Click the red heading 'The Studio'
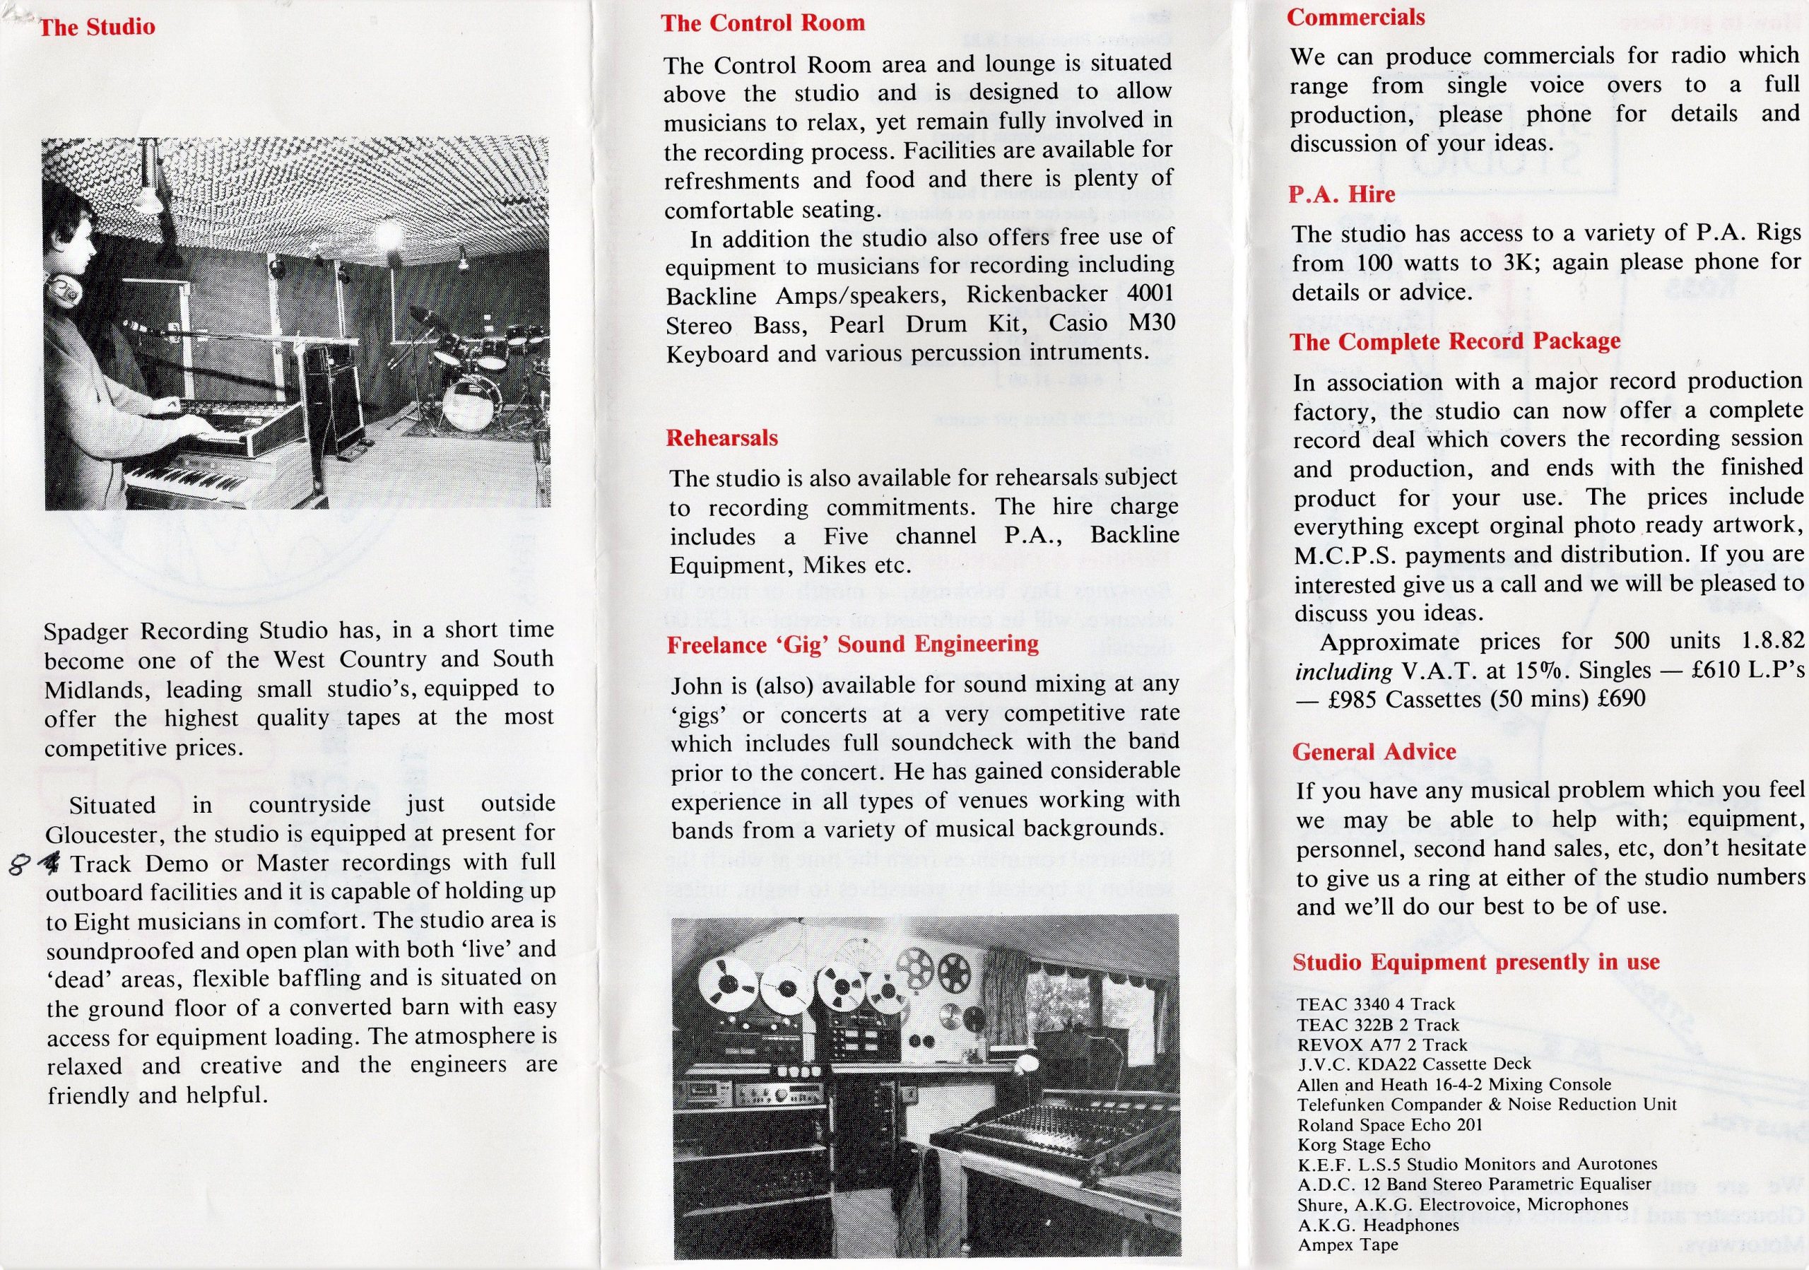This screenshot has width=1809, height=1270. [x=97, y=28]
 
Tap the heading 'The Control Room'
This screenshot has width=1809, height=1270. [x=762, y=23]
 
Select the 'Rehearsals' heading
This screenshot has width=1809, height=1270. [x=721, y=438]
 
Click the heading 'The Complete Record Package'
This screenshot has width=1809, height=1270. [x=1454, y=342]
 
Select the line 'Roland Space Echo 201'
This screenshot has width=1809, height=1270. [x=1390, y=1125]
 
